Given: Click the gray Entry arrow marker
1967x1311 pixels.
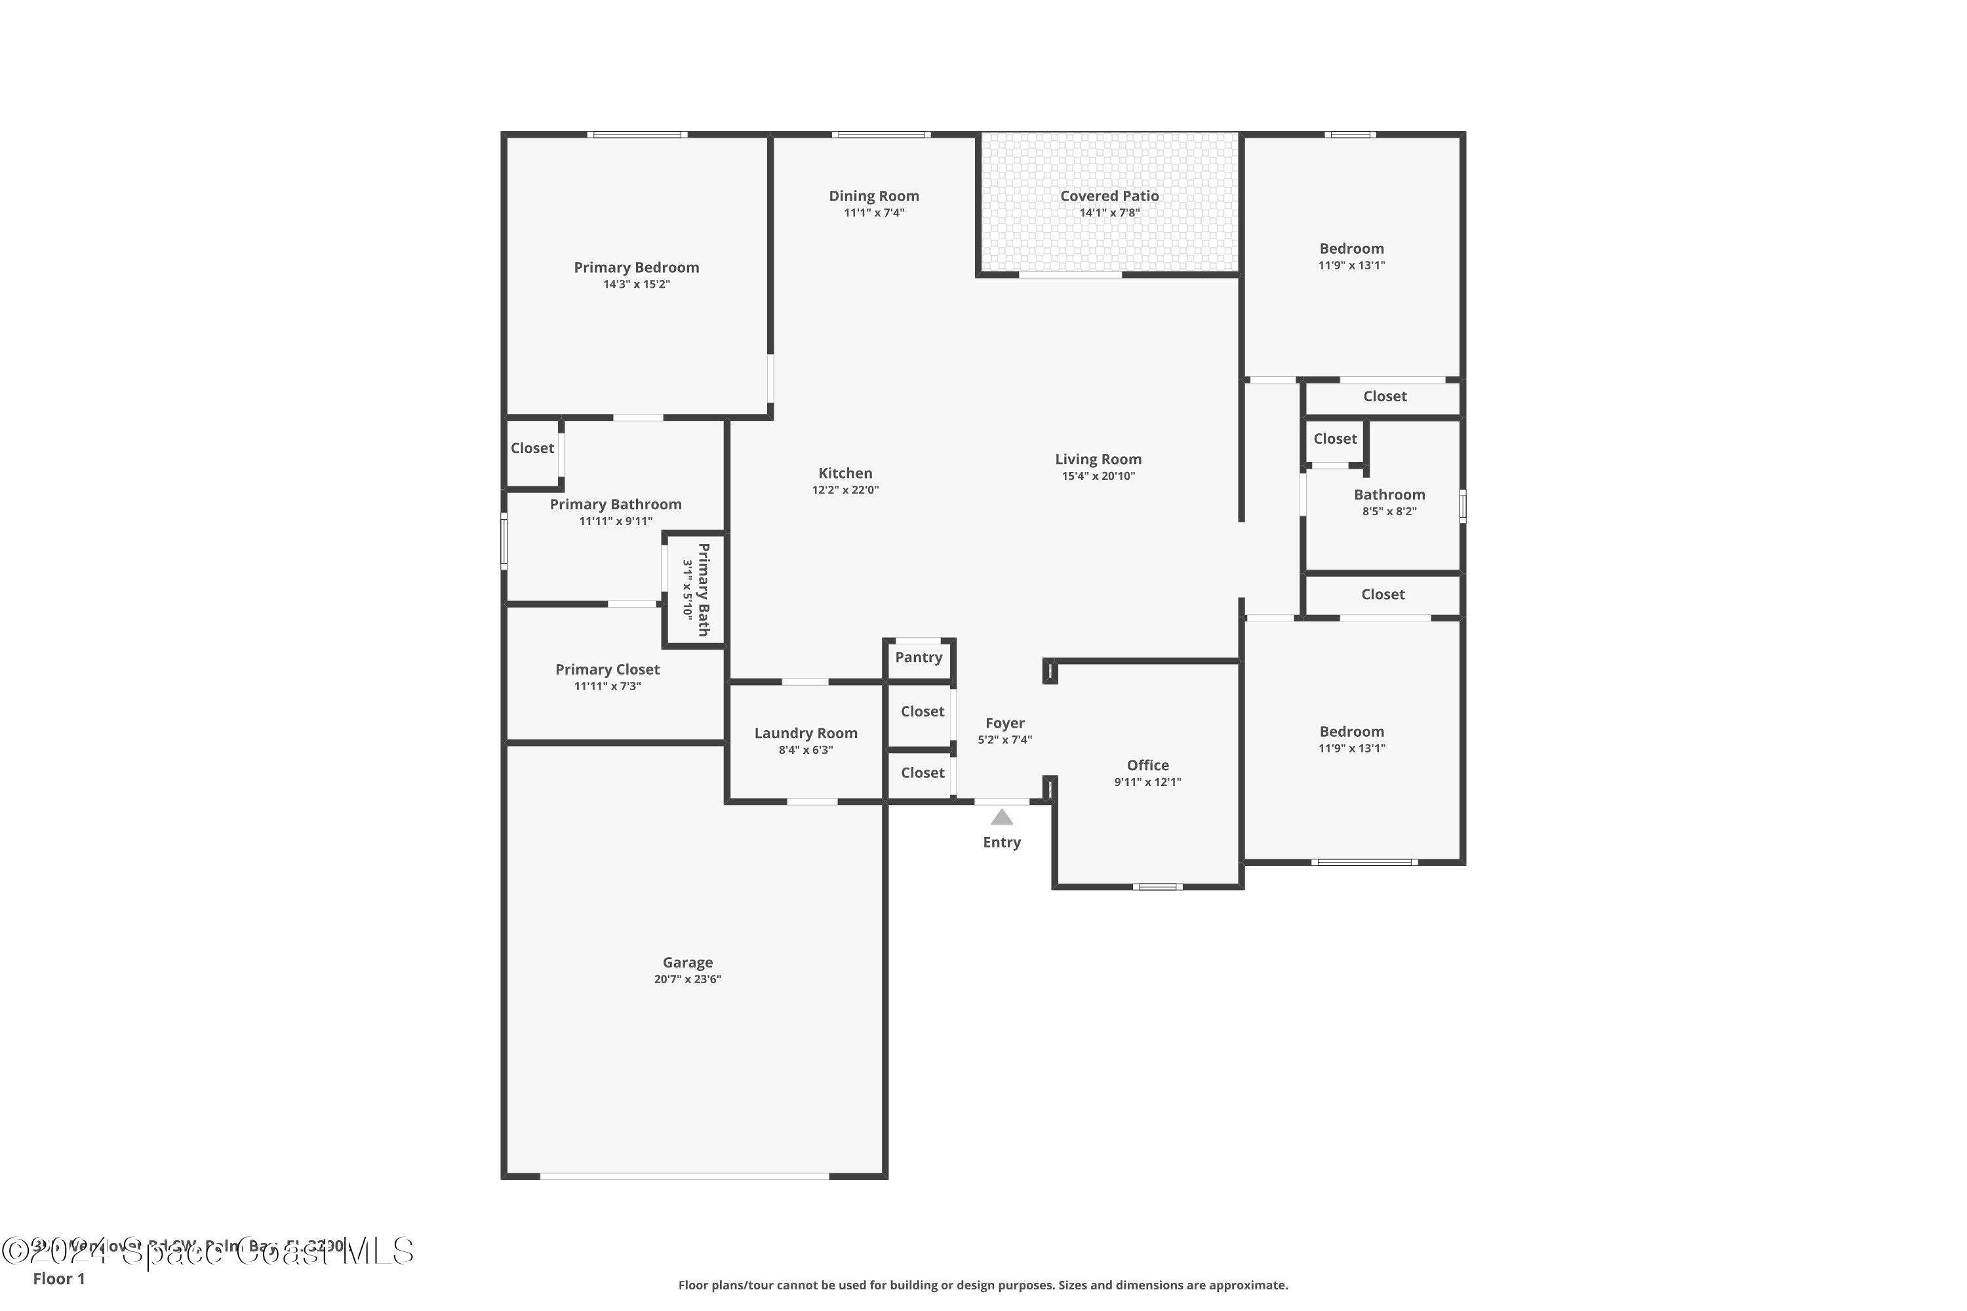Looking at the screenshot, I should [x=1002, y=817].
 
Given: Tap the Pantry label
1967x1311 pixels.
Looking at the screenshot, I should [x=919, y=657].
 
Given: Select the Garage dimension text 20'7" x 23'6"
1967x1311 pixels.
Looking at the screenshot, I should [x=687, y=979].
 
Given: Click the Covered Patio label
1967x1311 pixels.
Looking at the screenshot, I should [x=1109, y=195].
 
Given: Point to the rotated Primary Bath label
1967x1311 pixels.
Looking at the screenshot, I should [x=704, y=589].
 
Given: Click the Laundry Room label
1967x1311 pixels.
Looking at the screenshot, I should [x=805, y=734].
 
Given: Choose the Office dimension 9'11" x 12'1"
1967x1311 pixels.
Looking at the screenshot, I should [x=1147, y=782].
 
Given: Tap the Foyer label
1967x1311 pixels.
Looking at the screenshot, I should [x=1004, y=723].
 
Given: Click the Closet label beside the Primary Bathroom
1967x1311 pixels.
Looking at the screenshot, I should [x=532, y=448].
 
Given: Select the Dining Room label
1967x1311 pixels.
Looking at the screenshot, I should [x=873, y=195].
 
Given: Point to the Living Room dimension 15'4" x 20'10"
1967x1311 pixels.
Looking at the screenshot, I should [x=1098, y=477].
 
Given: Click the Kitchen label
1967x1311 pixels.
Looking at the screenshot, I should [x=844, y=473].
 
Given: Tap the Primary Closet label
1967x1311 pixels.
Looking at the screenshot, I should [x=607, y=669].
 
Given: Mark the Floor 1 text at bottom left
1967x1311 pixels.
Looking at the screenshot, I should [x=58, y=1278].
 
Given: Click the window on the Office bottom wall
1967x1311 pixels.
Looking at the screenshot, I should [x=1157, y=886].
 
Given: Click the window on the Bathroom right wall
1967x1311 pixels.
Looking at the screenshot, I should [x=1462, y=506].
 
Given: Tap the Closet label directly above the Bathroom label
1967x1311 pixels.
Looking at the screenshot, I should [x=1335, y=439].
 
